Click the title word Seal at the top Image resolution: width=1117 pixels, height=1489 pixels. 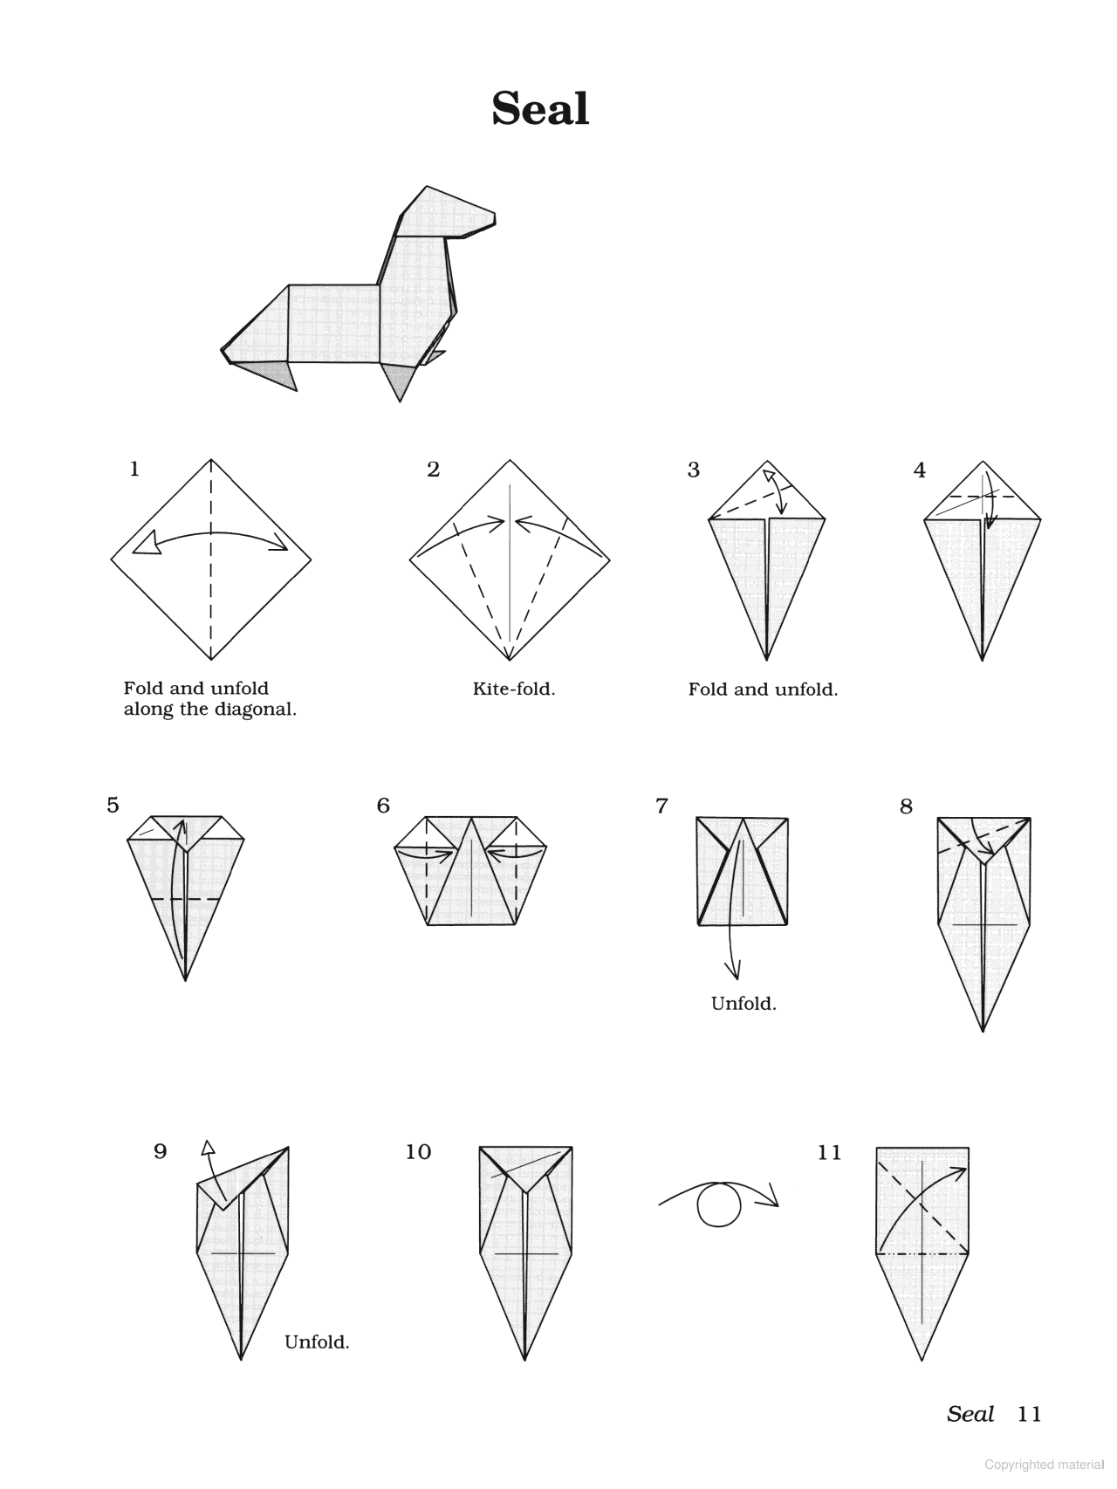pyautogui.click(x=540, y=109)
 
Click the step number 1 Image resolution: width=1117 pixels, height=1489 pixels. pyautogui.click(x=134, y=469)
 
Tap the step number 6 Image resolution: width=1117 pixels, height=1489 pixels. pyautogui.click(x=383, y=806)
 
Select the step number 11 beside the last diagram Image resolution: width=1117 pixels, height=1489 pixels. pyautogui.click(x=829, y=1152)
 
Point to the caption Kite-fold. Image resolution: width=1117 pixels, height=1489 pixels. pyautogui.click(x=513, y=689)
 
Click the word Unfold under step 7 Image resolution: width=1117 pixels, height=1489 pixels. pyautogui.click(x=743, y=1004)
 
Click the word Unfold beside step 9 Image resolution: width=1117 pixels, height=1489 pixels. pyautogui.click(x=317, y=1342)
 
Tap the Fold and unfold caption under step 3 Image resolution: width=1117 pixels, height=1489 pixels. pyautogui.click(x=762, y=690)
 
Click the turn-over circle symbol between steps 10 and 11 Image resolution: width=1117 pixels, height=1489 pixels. pyautogui.click(x=719, y=1204)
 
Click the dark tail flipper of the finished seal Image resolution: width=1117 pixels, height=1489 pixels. pyautogui.click(x=271, y=374)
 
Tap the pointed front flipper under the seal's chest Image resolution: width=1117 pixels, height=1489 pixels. pyautogui.click(x=400, y=384)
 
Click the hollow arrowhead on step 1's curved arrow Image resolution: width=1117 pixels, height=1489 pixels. pyautogui.click(x=146, y=543)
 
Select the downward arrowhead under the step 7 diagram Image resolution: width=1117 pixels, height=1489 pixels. pyautogui.click(x=733, y=970)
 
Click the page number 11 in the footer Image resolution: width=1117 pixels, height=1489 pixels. pyautogui.click(x=1029, y=1414)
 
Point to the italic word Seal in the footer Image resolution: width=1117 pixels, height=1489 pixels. pyautogui.click(x=970, y=1414)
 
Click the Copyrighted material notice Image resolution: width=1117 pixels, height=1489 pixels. pyautogui.click(x=1044, y=1465)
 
